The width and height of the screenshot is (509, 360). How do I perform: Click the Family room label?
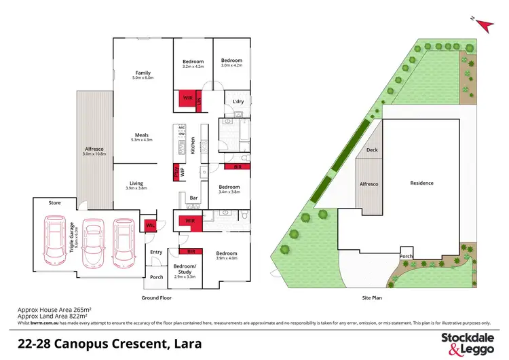(143, 73)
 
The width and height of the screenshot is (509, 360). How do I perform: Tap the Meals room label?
(142, 136)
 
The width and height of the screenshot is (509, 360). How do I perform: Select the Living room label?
(136, 183)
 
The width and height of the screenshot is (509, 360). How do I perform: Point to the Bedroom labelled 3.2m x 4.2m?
(192, 62)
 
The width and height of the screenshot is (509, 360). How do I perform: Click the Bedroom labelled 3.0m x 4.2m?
(231, 60)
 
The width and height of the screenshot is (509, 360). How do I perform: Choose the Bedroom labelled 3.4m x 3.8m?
(229, 187)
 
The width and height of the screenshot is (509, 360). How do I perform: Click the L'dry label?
(238, 102)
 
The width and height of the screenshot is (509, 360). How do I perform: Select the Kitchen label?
(193, 145)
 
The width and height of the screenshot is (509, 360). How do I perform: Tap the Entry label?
(157, 252)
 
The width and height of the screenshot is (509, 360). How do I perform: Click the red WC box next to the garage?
(149, 224)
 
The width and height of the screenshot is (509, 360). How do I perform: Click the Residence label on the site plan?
(421, 183)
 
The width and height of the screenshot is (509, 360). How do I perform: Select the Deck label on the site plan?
(372, 151)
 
